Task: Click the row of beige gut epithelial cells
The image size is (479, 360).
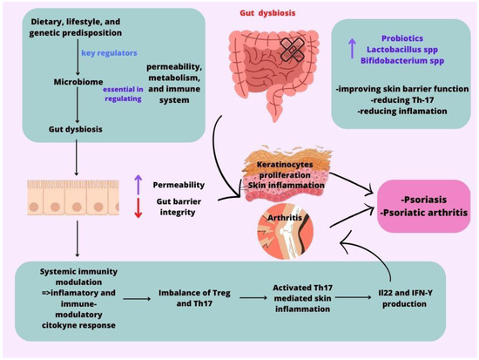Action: click(x=65, y=200)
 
